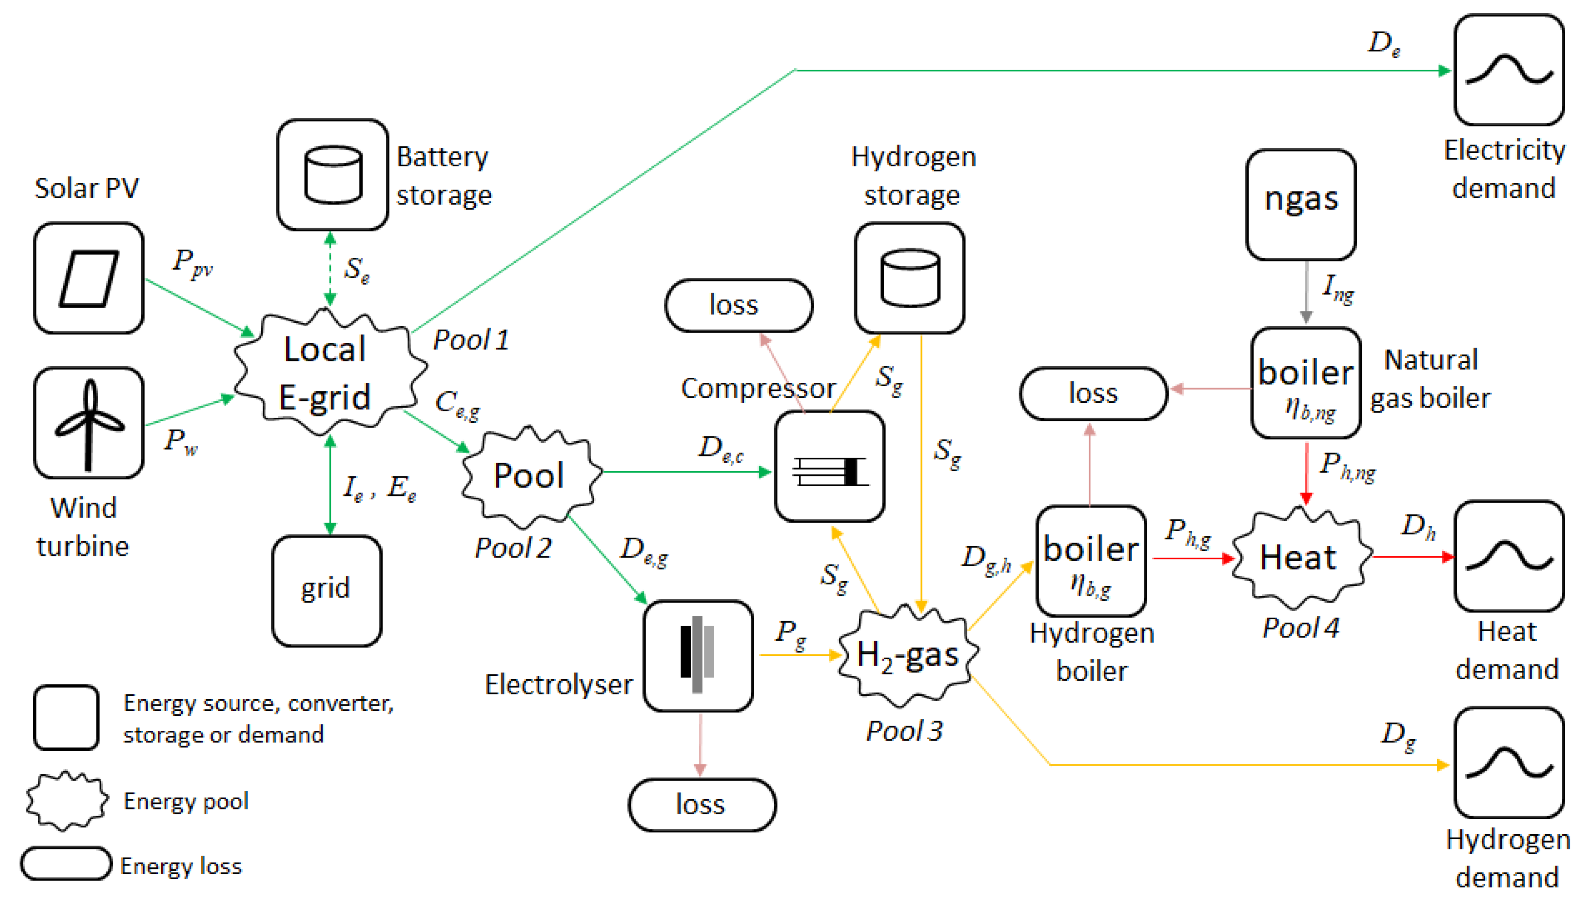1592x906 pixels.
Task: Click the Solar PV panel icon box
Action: click(x=89, y=278)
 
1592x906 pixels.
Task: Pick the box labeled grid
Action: click(x=327, y=590)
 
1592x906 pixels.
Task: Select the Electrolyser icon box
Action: click(x=698, y=655)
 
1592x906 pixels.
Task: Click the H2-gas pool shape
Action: click(x=908, y=655)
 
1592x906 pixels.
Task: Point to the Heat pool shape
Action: click(x=1300, y=557)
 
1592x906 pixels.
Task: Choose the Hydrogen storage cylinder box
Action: click(x=909, y=278)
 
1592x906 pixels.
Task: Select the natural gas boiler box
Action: click(x=1306, y=383)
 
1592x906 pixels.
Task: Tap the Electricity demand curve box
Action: click(x=1509, y=70)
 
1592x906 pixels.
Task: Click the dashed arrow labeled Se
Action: click(x=330, y=269)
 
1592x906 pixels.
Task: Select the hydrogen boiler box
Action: click(x=1091, y=561)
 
